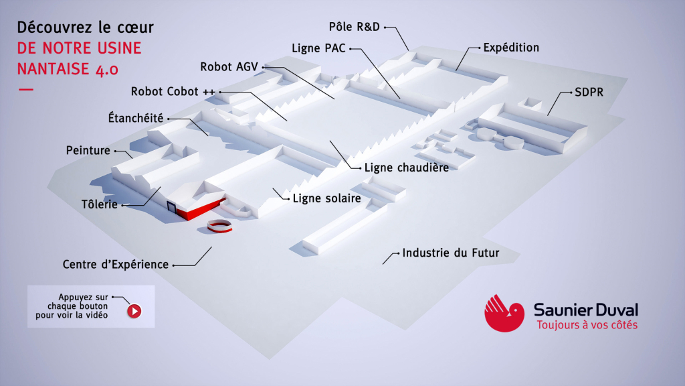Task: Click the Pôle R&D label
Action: tap(355, 27)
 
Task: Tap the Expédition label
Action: tap(511, 48)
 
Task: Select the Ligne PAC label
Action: tap(318, 48)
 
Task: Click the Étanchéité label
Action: tap(136, 117)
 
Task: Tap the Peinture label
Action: tap(88, 150)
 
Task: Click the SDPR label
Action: tap(588, 92)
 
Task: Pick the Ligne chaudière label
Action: tap(406, 167)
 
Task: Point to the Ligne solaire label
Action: tap(326, 198)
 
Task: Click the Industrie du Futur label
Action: tap(450, 253)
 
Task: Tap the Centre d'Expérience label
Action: tap(116, 265)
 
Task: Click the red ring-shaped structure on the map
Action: tap(219, 227)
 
